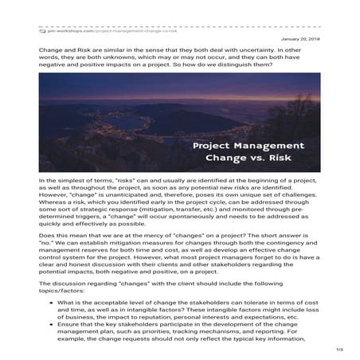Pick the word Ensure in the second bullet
(x=69, y=325)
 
